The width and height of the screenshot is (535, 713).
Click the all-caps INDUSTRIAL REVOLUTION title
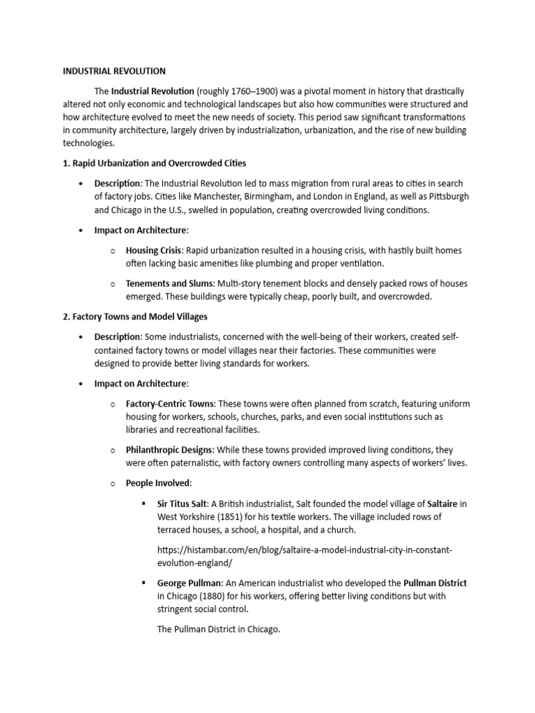point(114,71)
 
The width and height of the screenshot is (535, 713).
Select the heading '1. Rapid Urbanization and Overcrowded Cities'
point(154,164)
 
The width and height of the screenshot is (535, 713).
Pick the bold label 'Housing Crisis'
point(154,250)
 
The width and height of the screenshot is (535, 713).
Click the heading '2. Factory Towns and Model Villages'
point(135,317)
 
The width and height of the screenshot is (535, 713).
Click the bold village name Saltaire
point(442,503)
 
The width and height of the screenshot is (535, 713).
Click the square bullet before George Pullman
point(143,583)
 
